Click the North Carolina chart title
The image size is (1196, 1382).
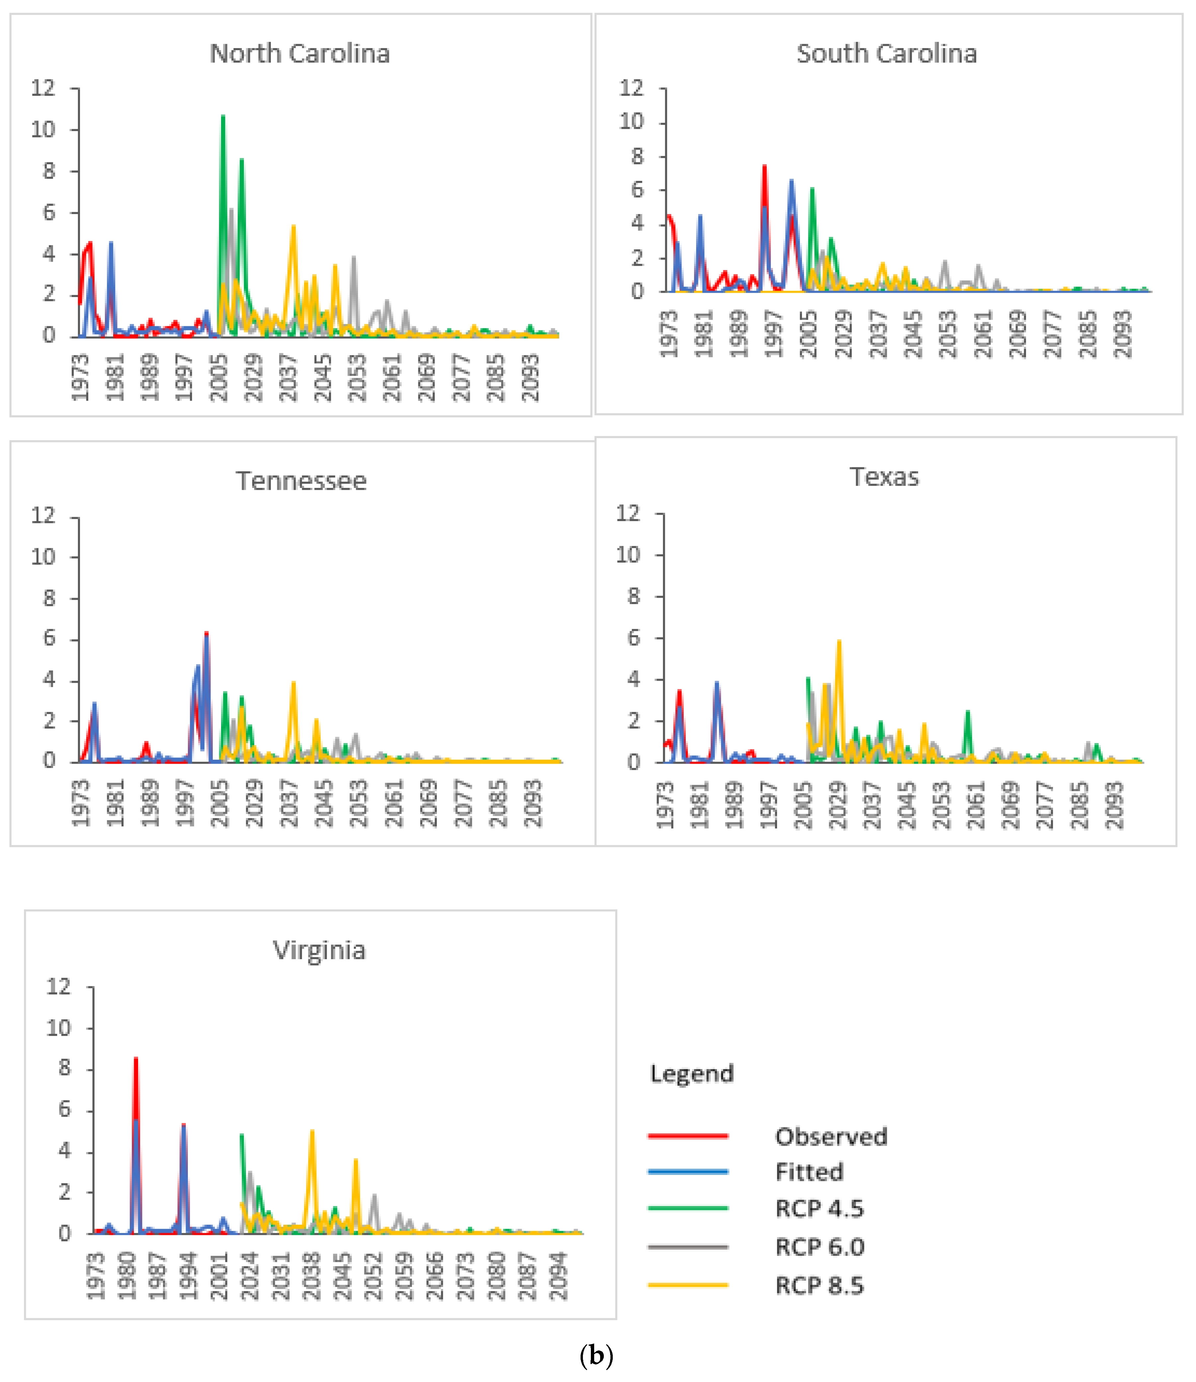(x=300, y=53)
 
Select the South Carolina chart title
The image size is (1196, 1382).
(x=886, y=53)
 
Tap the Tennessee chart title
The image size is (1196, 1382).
(x=301, y=481)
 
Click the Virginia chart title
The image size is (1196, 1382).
(x=319, y=950)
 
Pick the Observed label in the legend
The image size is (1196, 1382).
(x=831, y=1136)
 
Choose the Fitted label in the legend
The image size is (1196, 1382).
(x=809, y=1172)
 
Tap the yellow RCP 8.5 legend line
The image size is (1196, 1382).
(x=687, y=1284)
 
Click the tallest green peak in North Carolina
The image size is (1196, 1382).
(x=223, y=117)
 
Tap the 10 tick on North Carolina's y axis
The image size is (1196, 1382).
(x=43, y=129)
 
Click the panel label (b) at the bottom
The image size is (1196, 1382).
(x=596, y=1355)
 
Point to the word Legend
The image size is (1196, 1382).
(x=691, y=1073)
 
